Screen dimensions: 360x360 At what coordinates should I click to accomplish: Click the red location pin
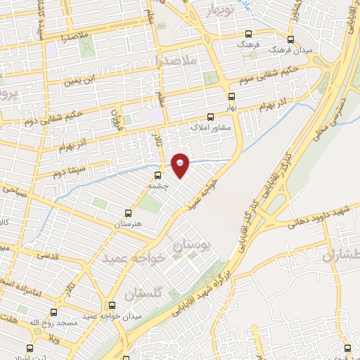[181, 165]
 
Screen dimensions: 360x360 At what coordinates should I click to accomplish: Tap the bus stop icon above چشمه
[157, 175]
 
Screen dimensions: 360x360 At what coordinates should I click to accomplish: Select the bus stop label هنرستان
[128, 223]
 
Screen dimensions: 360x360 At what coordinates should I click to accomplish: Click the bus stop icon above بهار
[231, 96]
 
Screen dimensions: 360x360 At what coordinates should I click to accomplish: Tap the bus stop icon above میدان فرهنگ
[291, 40]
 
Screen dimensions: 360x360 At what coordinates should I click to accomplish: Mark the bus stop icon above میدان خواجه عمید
[112, 305]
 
